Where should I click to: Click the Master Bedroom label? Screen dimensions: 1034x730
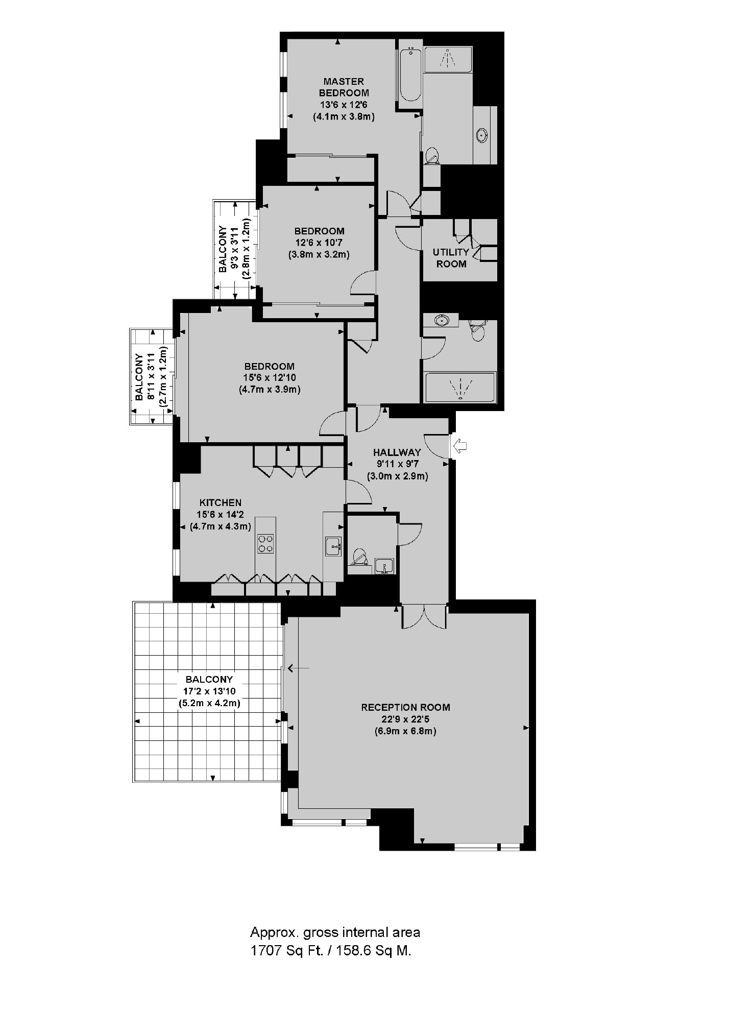coord(344,87)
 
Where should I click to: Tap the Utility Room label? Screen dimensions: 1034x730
coord(451,258)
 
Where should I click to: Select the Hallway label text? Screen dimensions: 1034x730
coord(397,452)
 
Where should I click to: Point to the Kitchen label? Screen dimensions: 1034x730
coord(220,502)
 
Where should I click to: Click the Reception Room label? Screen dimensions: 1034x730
coord(405,707)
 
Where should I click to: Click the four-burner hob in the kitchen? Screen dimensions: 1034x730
coord(265,543)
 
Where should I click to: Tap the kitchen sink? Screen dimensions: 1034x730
coord(333,546)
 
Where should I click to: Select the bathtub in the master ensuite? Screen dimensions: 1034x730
coord(410,75)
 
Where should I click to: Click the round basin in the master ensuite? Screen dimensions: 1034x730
coord(481,135)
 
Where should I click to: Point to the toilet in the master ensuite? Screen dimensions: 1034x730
coord(432,155)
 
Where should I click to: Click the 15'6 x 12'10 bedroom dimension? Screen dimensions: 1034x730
coord(270,378)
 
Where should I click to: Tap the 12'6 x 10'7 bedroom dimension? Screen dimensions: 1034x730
coord(320,243)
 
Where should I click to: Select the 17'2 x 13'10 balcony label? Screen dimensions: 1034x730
coord(209,691)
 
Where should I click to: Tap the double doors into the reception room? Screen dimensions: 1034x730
coord(424,616)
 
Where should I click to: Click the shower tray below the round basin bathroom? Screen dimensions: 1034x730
coord(460,387)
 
